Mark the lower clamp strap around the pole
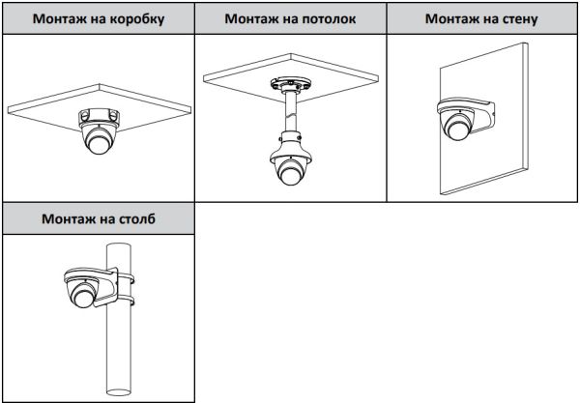tap(124, 308)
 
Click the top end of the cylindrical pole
tap(118, 245)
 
